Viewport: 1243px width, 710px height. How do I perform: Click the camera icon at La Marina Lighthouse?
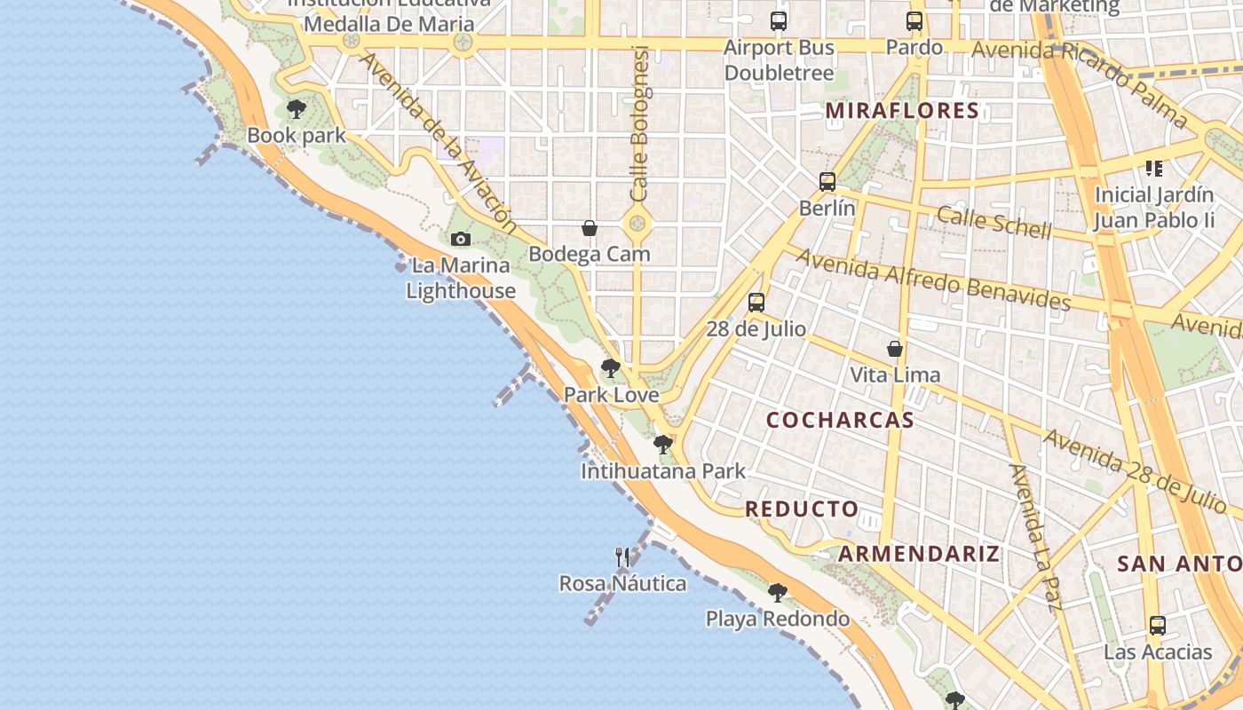[460, 239]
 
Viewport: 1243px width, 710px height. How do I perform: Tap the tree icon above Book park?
[297, 109]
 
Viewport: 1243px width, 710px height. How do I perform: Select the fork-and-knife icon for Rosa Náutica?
[622, 556]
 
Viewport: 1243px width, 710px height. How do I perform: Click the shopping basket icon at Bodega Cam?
[589, 228]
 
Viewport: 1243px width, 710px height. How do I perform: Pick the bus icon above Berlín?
[827, 182]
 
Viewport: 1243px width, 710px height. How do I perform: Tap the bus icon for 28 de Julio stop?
[756, 303]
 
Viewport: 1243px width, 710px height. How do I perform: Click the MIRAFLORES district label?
[902, 111]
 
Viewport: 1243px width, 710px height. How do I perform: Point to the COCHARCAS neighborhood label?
[840, 420]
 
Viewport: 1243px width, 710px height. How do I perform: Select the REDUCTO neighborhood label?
[802, 509]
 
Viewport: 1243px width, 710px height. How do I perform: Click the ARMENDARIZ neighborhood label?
[919, 554]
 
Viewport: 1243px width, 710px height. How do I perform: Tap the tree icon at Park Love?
[610, 367]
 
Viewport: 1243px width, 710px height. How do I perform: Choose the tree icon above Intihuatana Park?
[662, 444]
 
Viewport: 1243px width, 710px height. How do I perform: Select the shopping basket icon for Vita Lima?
[895, 349]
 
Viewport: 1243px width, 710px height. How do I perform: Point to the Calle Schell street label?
[994, 222]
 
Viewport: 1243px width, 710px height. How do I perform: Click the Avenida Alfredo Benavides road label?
[933, 279]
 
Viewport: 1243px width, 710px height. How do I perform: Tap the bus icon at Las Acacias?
[1157, 626]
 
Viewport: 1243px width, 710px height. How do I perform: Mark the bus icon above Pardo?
[914, 21]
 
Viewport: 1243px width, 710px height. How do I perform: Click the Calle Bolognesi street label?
[640, 124]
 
